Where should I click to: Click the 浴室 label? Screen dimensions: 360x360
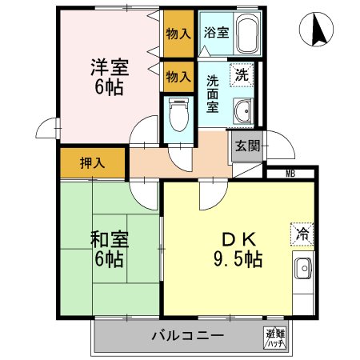click(x=215, y=34)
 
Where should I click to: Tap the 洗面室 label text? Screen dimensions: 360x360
click(x=214, y=94)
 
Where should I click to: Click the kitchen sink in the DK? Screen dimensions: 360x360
click(x=303, y=270)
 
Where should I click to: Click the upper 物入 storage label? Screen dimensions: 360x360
click(x=178, y=34)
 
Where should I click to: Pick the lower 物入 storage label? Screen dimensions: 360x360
click(x=178, y=77)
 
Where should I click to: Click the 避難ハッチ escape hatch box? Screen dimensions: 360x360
click(x=276, y=338)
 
